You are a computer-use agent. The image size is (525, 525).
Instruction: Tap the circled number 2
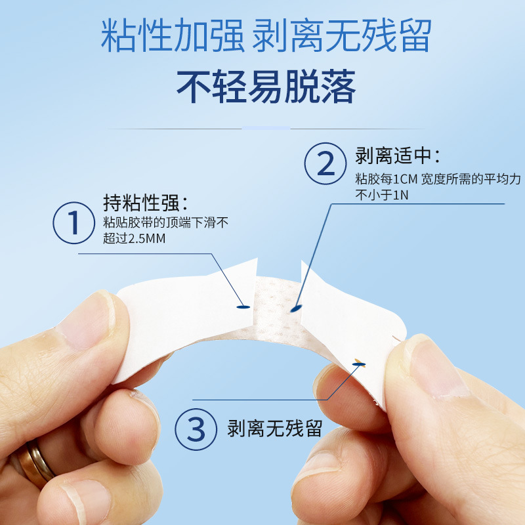326,164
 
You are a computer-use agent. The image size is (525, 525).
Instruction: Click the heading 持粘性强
146,202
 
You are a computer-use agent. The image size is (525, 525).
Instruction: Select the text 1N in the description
399,195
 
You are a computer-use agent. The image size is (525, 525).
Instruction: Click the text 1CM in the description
407,178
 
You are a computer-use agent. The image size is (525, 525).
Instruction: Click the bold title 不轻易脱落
266,87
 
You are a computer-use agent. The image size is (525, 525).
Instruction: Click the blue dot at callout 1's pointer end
242,306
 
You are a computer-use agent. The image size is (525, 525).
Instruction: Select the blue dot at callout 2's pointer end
296,307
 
